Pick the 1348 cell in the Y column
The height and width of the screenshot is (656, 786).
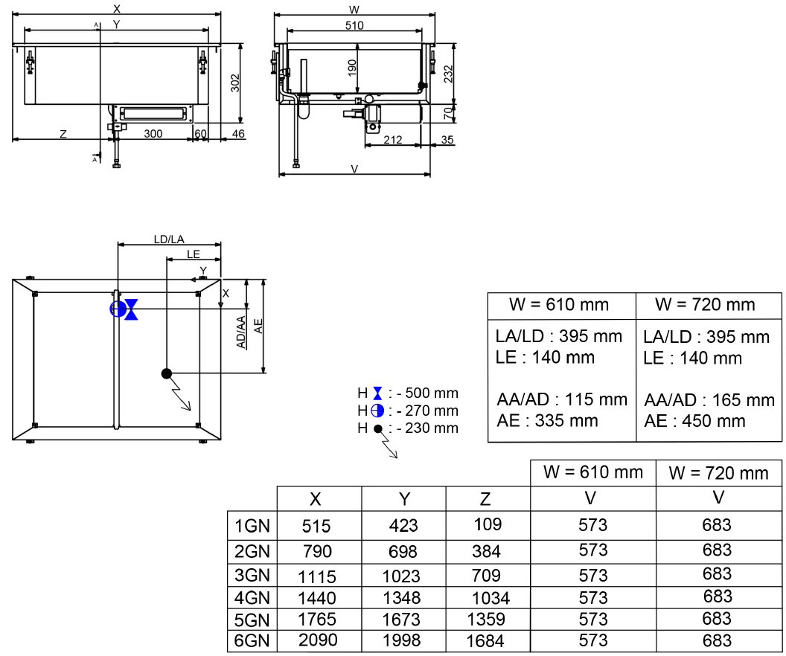403,597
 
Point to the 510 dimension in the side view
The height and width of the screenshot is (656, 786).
354,25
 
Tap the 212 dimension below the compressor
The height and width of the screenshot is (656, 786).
392,139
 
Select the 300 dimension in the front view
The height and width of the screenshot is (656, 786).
153,133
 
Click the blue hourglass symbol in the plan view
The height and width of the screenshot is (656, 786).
132,309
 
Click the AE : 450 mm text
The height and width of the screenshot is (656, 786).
694,421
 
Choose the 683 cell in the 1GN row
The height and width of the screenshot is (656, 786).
717,526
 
